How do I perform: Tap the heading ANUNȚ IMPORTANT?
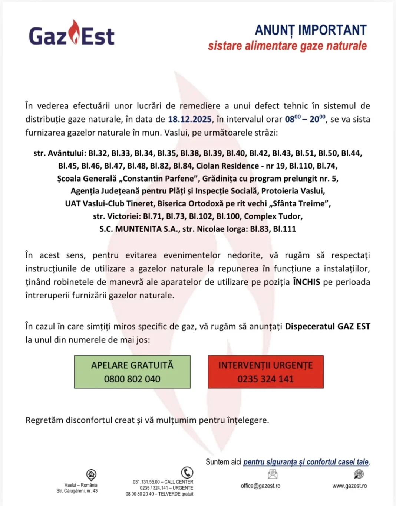[310, 30]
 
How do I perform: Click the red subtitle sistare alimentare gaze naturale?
[287, 46]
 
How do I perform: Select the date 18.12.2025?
[190, 119]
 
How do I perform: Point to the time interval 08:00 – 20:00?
[305, 119]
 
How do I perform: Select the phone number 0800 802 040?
[132, 379]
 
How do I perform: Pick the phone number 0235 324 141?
[265, 379]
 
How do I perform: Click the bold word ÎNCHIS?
[306, 282]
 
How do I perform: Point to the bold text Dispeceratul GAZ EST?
[327, 327]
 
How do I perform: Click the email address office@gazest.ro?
[261, 486]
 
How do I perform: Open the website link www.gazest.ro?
[350, 486]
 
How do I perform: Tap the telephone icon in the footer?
[187, 473]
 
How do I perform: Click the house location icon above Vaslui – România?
[91, 474]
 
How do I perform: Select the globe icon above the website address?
[359, 474]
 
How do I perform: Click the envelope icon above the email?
[273, 474]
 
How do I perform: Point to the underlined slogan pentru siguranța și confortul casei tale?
[306, 462]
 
